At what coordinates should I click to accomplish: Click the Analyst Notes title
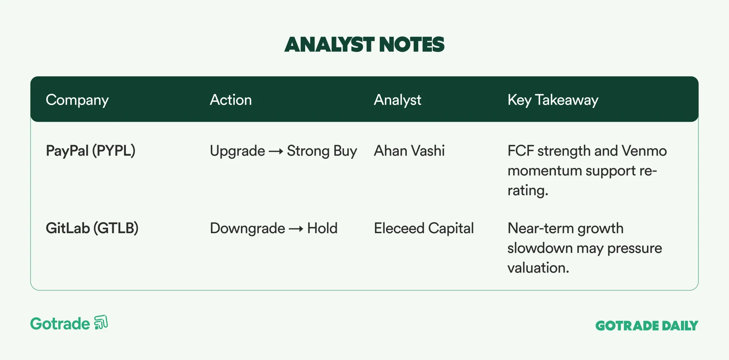click(364, 44)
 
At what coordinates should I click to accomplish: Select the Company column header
click(77, 100)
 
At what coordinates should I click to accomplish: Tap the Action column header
click(231, 99)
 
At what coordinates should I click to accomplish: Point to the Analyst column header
click(397, 100)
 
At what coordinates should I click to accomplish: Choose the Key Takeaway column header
click(553, 100)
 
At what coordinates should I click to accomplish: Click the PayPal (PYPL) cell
click(90, 151)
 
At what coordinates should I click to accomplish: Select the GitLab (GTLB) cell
click(92, 228)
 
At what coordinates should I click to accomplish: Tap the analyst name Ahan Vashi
click(409, 150)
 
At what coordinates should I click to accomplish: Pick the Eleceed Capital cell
click(424, 228)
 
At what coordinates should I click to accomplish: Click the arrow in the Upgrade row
click(276, 152)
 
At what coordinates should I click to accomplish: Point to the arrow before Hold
click(296, 229)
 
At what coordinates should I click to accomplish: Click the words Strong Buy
click(322, 151)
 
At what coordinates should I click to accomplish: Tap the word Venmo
click(644, 150)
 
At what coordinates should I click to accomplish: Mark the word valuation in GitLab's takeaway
click(538, 268)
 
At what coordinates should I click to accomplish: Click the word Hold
click(322, 228)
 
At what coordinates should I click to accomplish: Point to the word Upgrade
click(238, 151)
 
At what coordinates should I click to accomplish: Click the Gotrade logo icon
click(101, 322)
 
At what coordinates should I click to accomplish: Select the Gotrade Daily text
click(647, 325)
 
